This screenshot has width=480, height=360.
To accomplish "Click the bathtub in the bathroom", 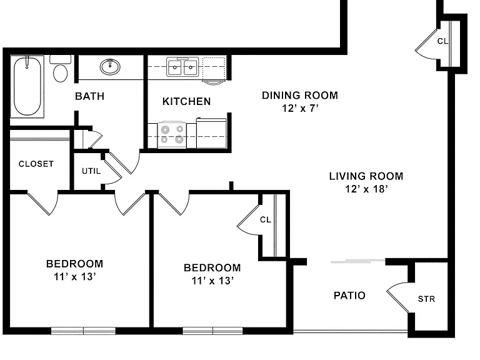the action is point(27,86).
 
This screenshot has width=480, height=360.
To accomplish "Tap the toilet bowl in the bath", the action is point(60,73).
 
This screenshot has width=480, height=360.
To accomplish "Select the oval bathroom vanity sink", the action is point(110,67).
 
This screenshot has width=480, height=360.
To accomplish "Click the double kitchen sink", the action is point(182,66).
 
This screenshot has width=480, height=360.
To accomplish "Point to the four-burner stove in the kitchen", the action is point(172,135).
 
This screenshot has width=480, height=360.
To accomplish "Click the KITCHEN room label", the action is point(186,101).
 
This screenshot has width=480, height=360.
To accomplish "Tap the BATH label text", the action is point(90,96).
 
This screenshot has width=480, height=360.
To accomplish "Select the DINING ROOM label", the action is point(300,95).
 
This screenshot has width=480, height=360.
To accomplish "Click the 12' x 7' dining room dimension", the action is point(300,108).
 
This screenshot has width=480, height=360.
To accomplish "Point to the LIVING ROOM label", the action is point(366,176).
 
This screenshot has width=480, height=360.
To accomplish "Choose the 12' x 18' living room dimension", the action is point(366,189).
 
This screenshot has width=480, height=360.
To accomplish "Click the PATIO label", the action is point(349,296).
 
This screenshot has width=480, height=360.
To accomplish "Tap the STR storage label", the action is point(426,299).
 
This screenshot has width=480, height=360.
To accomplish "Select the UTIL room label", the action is point(91,171).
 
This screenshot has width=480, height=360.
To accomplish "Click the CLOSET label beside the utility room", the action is point(36,164).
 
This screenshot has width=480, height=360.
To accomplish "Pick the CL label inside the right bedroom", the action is point(266,219).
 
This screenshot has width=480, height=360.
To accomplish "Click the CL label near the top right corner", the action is point(442,41).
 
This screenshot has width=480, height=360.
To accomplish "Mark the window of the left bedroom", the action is point(83,331).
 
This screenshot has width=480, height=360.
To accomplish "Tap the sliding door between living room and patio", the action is point(357,261).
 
